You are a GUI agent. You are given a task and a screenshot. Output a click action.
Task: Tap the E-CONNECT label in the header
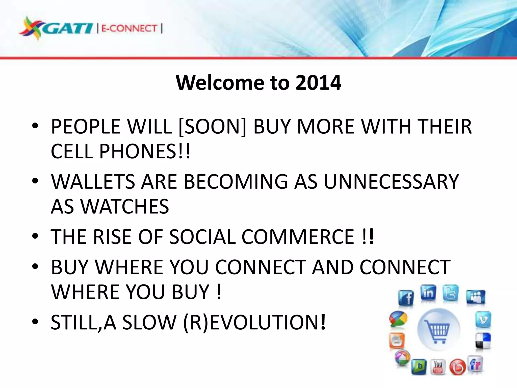pos(129,28)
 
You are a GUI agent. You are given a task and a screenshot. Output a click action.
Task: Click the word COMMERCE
pos(298,237)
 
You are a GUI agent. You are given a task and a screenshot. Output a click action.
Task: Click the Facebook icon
pos(406,298)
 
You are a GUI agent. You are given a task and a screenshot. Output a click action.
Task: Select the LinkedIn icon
pos(428,293)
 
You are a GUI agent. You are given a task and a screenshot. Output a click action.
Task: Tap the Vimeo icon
pos(483,320)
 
